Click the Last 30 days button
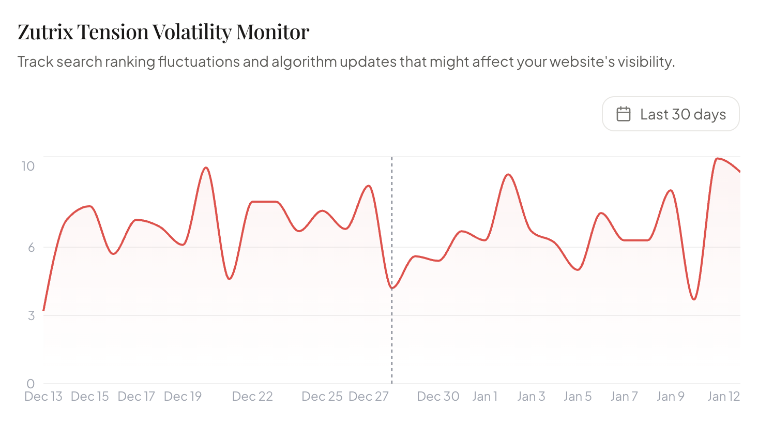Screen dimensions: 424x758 click(x=671, y=114)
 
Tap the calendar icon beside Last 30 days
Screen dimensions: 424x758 click(x=624, y=114)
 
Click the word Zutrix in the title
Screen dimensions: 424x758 click(x=46, y=32)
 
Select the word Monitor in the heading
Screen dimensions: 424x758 click(x=272, y=32)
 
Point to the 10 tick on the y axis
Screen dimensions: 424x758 click(x=28, y=166)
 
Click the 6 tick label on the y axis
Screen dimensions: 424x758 click(x=32, y=247)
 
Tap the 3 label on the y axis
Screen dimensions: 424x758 click(x=32, y=315)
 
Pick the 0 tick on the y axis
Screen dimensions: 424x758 click(x=31, y=384)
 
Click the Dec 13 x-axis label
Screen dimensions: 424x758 click(x=43, y=397)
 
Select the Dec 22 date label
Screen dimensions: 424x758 click(x=252, y=397)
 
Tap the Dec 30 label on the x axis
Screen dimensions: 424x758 click(x=438, y=397)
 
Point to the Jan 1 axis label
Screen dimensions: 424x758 click(x=484, y=397)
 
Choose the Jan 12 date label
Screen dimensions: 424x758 click(x=723, y=397)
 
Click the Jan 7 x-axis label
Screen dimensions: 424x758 click(x=624, y=397)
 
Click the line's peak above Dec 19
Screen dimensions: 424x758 click(x=206, y=168)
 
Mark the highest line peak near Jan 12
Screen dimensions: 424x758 click(x=717, y=158)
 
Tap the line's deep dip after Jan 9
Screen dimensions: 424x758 click(x=694, y=299)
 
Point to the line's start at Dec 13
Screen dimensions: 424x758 click(x=44, y=310)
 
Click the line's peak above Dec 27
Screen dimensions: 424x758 click(x=368, y=186)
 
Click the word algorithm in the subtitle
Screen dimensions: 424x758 click(x=304, y=62)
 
